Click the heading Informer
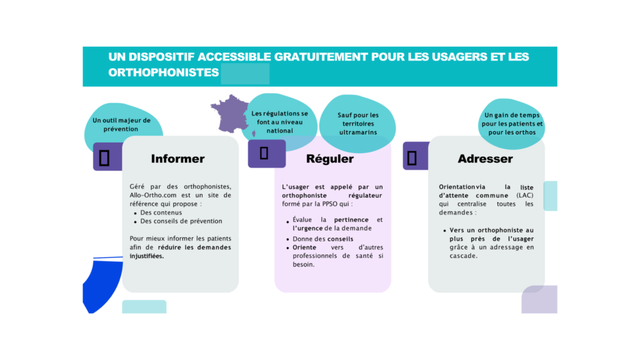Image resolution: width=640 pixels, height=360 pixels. (177, 159)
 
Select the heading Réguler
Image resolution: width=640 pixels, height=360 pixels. (329, 159)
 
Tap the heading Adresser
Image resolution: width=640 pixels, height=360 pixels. (485, 159)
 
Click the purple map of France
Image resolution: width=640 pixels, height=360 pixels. (229, 113)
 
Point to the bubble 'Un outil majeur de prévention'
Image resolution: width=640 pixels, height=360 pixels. (121, 124)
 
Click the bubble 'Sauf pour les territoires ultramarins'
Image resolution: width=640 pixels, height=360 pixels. (357, 124)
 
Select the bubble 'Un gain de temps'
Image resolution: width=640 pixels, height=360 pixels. (512, 124)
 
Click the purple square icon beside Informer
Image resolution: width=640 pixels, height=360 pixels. (105, 157)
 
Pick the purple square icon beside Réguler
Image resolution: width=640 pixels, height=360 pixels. (264, 153)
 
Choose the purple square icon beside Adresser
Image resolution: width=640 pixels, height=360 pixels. (412, 157)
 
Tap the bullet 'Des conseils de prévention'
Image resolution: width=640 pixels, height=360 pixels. (181, 221)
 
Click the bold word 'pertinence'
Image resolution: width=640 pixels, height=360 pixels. (351, 220)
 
